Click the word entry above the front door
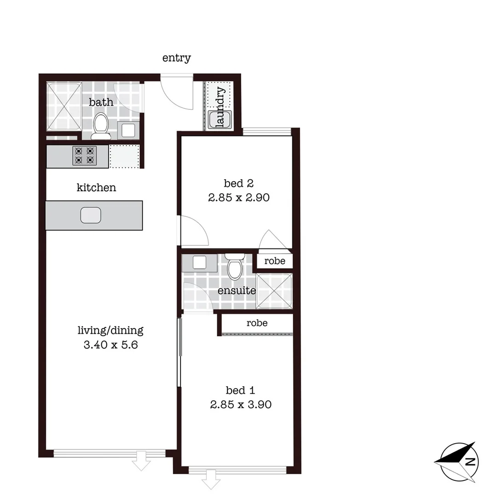coord(176,58)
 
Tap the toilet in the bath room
coord(101,126)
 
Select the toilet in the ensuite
coord(235,268)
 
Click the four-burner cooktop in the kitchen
coord(84,156)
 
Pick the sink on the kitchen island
coord(91,215)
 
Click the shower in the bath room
coord(64,107)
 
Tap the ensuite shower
coord(274,291)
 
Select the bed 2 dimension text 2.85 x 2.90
coord(238,198)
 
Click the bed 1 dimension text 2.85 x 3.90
coord(240,404)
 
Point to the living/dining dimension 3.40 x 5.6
coord(110,344)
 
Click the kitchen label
coord(96,188)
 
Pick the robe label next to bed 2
coord(274,261)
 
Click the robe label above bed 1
coord(257,323)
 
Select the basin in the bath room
coord(127,130)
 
